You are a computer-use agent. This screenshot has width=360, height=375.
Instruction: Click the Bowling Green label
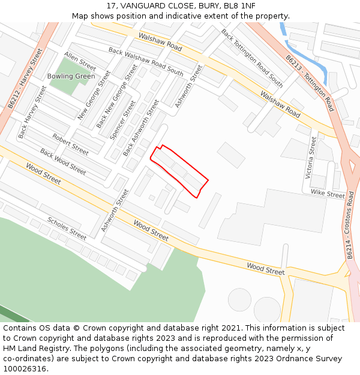point(71,76)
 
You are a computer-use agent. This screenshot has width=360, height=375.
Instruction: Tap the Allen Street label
point(80,62)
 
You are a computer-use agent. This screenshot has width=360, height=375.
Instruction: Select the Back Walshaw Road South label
point(146,62)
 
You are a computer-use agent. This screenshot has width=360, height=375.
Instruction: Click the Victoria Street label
point(311,157)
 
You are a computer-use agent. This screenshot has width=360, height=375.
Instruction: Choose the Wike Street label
point(328,194)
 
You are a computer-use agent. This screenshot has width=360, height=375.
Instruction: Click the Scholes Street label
point(67,228)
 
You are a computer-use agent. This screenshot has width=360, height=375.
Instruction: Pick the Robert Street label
point(70,145)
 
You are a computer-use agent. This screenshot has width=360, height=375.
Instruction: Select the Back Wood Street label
point(62,162)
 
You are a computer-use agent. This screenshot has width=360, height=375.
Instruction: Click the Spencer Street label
point(122,120)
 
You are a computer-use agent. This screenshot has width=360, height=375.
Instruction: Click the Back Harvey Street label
point(32,112)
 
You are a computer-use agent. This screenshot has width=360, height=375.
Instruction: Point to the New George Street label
point(94,95)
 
